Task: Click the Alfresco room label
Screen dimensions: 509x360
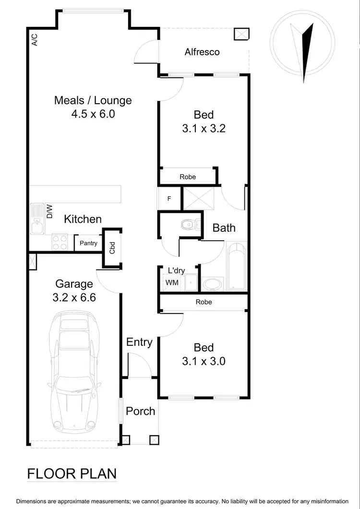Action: (x=202, y=52)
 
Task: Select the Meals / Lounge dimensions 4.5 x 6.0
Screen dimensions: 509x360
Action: (x=93, y=114)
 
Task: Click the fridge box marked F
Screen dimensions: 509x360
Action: (x=168, y=198)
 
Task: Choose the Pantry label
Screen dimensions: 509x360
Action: (x=88, y=243)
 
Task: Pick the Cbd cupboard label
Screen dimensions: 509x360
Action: (x=112, y=248)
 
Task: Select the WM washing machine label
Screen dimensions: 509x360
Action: (x=172, y=283)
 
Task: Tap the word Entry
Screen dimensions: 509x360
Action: (x=139, y=342)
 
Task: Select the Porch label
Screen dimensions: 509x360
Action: (x=141, y=411)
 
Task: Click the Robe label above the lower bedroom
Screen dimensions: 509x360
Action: (x=204, y=302)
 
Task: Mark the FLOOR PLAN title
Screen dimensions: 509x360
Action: (x=72, y=473)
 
